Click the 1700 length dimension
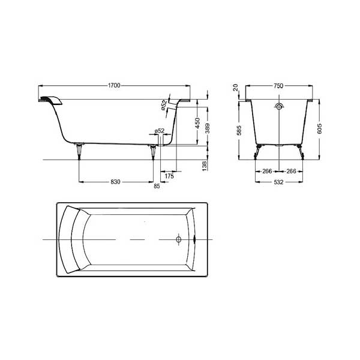[114, 85]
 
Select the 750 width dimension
[278, 86]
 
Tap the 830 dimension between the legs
[115, 182]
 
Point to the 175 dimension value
[169, 176]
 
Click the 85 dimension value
[157, 186]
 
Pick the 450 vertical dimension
[197, 123]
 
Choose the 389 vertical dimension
[207, 128]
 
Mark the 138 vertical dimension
[205, 166]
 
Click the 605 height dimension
[319, 128]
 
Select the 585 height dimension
[239, 130]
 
